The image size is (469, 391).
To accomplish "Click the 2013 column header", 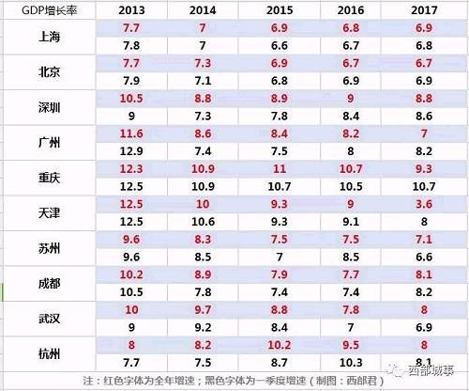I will pyautogui.click(x=131, y=9).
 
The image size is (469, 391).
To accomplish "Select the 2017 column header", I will pyautogui.click(x=422, y=9).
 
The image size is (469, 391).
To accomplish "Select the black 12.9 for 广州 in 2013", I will pyautogui.click(x=131, y=151).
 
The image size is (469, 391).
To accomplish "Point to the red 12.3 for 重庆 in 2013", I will pyautogui.click(x=131, y=169).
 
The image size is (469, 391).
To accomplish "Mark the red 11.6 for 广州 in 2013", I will pyautogui.click(x=131, y=134).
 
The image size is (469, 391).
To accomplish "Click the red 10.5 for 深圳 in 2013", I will pyautogui.click(x=131, y=99).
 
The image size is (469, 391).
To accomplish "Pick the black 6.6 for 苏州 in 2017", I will pyautogui.click(x=422, y=256).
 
